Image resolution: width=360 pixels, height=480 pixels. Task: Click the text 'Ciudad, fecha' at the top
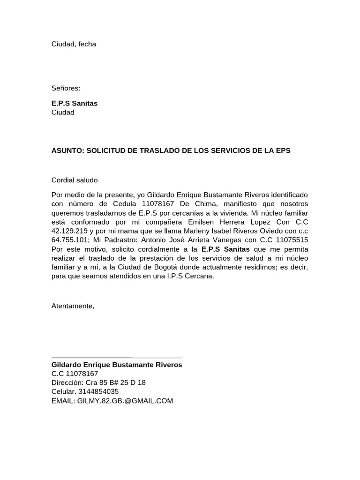pyautogui.click(x=74, y=44)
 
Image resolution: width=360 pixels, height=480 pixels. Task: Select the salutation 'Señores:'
pyautogui.click(x=66, y=88)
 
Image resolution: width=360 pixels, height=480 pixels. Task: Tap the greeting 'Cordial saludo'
pyautogui.click(x=75, y=180)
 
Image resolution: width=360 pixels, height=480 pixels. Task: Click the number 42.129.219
pyautogui.click(x=70, y=231)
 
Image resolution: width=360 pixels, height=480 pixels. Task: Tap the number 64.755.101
pyautogui.click(x=70, y=240)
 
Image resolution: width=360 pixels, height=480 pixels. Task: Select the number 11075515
pyautogui.click(x=292, y=240)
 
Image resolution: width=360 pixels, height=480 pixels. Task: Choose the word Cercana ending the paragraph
pyautogui.click(x=199, y=276)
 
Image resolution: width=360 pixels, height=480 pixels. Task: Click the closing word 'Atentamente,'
pyautogui.click(x=73, y=306)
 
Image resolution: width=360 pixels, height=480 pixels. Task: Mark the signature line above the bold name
pyautogui.click(x=116, y=358)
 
